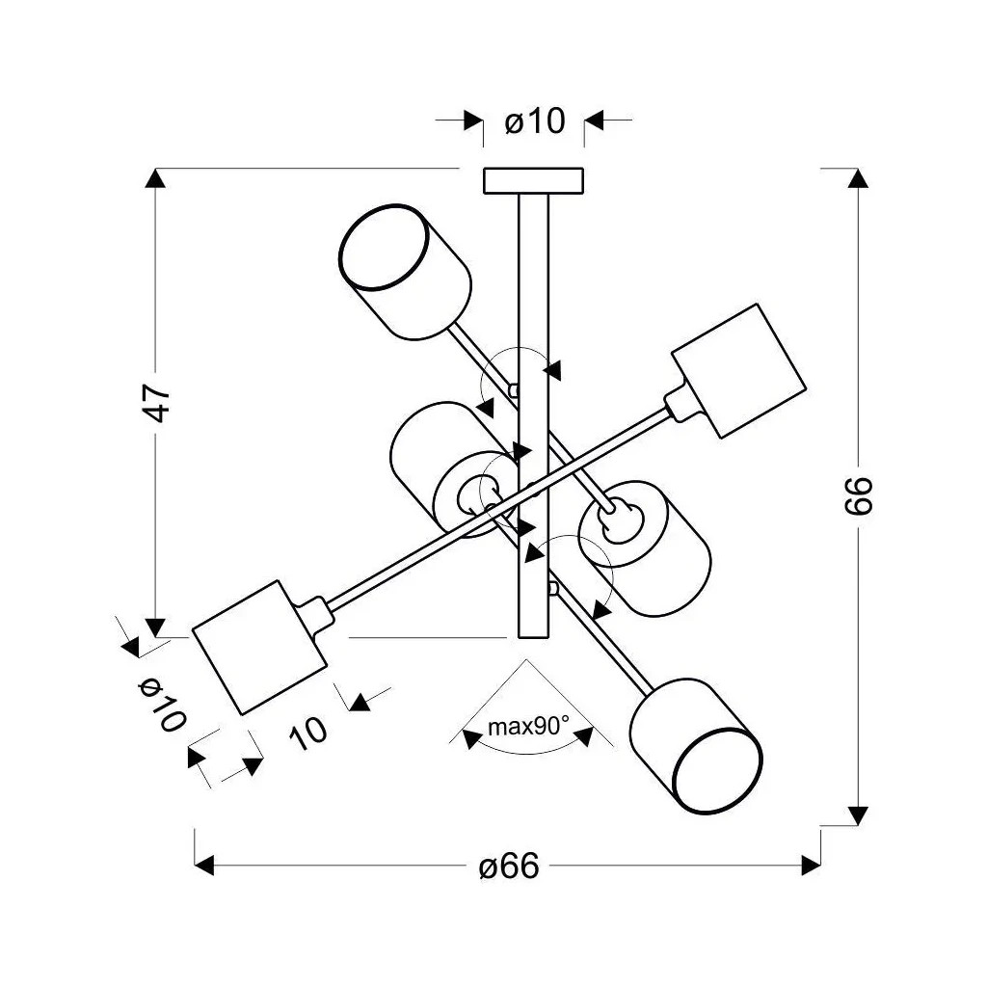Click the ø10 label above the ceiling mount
click(534, 121)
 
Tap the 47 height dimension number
click(157, 402)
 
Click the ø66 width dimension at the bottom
click(509, 867)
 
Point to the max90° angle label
click(527, 727)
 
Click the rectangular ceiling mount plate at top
click(533, 180)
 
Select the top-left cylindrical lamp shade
click(405, 271)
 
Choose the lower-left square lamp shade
click(258, 646)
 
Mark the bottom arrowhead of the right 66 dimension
click(858, 815)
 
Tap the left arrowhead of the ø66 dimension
click(203, 866)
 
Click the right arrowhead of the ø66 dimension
click(811, 866)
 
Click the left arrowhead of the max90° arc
click(471, 739)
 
